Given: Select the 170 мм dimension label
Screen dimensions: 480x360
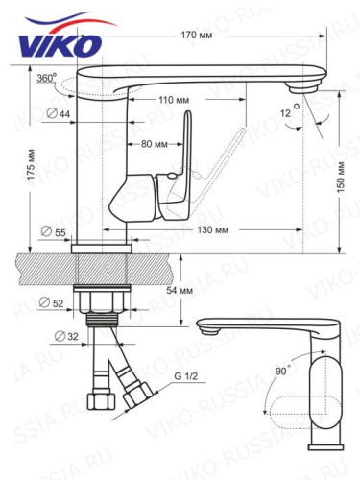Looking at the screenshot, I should (x=196, y=35).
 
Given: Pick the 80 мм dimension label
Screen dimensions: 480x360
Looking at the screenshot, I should (x=154, y=144).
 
